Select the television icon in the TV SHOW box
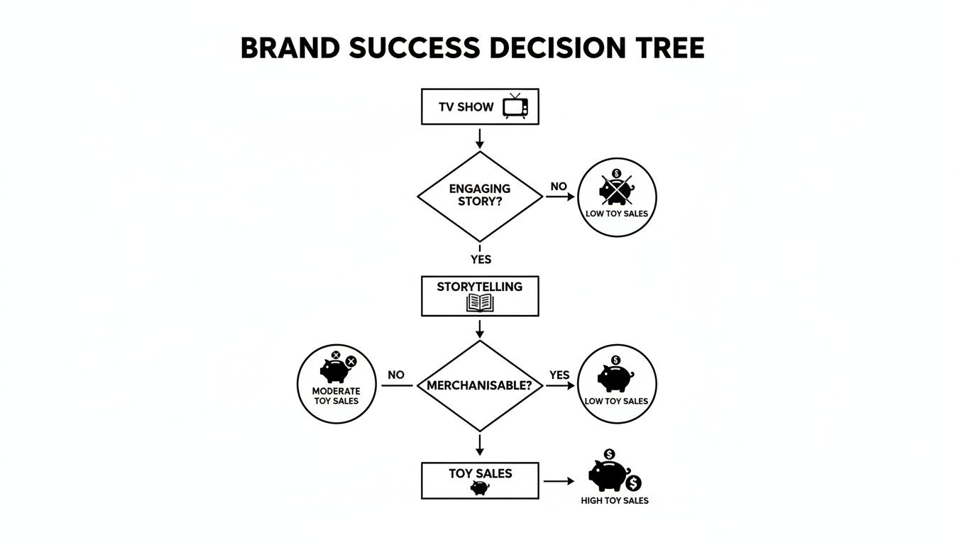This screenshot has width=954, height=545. pyautogui.click(x=515, y=106)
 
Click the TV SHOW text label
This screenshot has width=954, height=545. pyautogui.click(x=466, y=107)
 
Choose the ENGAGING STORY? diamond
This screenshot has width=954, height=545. pyautogui.click(x=480, y=196)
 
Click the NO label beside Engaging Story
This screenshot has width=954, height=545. pyautogui.click(x=559, y=187)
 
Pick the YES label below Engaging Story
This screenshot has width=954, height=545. pyautogui.click(x=481, y=260)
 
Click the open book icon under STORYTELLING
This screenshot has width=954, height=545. pyautogui.click(x=480, y=303)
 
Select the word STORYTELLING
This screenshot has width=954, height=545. pyautogui.click(x=480, y=287)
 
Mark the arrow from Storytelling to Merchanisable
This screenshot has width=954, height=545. pyautogui.click(x=480, y=328)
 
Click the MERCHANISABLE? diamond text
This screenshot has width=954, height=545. pyautogui.click(x=480, y=386)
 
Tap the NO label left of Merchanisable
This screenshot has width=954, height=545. pyautogui.click(x=396, y=375)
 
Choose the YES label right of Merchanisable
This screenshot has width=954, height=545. pyautogui.click(x=559, y=375)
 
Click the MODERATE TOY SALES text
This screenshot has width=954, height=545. pyautogui.click(x=336, y=396)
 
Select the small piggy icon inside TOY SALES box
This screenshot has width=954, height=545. pyautogui.click(x=480, y=488)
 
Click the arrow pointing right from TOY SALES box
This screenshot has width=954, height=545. pyautogui.click(x=559, y=480)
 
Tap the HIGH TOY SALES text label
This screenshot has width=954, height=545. pyautogui.click(x=615, y=500)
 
